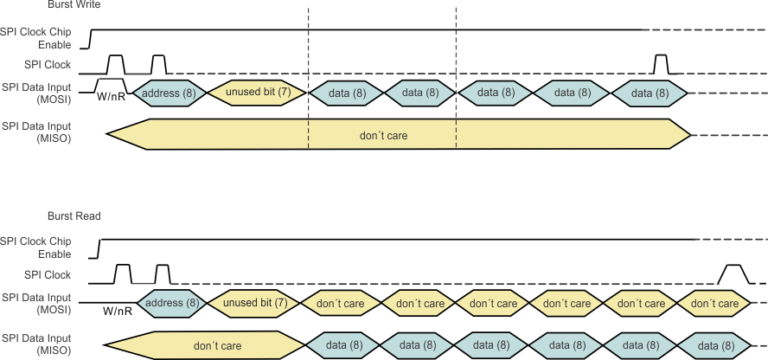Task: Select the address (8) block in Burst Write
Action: (170, 92)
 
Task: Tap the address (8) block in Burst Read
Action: (169, 303)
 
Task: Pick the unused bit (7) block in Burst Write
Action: (257, 92)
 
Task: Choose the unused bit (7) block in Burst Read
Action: (255, 303)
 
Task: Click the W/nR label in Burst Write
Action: (112, 97)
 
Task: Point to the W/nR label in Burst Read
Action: (118, 311)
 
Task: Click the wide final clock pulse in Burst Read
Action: (733, 274)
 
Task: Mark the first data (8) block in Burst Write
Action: (346, 92)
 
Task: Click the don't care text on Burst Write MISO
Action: (383, 136)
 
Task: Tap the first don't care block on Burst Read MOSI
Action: (342, 303)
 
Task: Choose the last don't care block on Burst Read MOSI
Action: (715, 303)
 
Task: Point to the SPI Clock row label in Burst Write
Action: (48, 65)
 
